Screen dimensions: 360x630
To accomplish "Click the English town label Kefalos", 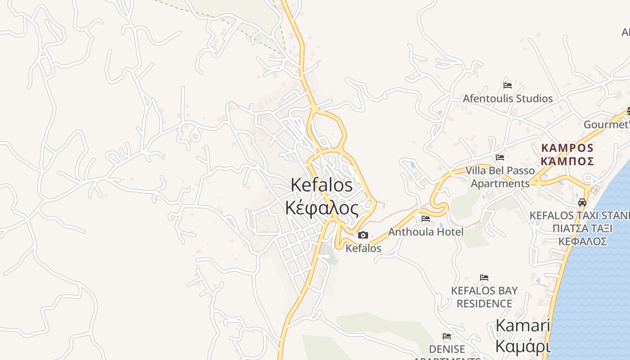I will [x=321, y=185].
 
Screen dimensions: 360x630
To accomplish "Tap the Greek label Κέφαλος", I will [x=322, y=208].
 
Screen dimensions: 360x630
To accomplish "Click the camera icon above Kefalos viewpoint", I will [x=363, y=235].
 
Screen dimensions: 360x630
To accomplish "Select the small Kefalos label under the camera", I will [x=363, y=248].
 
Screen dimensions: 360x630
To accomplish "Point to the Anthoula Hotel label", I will [x=425, y=232].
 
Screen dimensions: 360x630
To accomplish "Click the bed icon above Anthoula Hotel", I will [x=425, y=219].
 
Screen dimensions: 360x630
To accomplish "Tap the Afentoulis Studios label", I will [x=508, y=98].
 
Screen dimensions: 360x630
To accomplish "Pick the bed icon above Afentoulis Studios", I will [x=508, y=85].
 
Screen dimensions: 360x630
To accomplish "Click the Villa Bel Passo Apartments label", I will [x=500, y=177].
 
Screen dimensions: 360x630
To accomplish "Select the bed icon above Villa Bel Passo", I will [x=499, y=157].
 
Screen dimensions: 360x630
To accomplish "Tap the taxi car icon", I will [x=582, y=202].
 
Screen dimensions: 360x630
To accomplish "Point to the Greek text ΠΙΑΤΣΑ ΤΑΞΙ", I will [x=582, y=228].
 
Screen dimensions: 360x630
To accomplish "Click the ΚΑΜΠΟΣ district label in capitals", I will [x=567, y=148].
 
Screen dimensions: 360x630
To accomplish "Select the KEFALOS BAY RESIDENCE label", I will [x=484, y=297].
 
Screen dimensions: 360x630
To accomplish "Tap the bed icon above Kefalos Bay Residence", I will [x=484, y=277].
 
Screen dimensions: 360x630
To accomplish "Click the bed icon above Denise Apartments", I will [x=447, y=336].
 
